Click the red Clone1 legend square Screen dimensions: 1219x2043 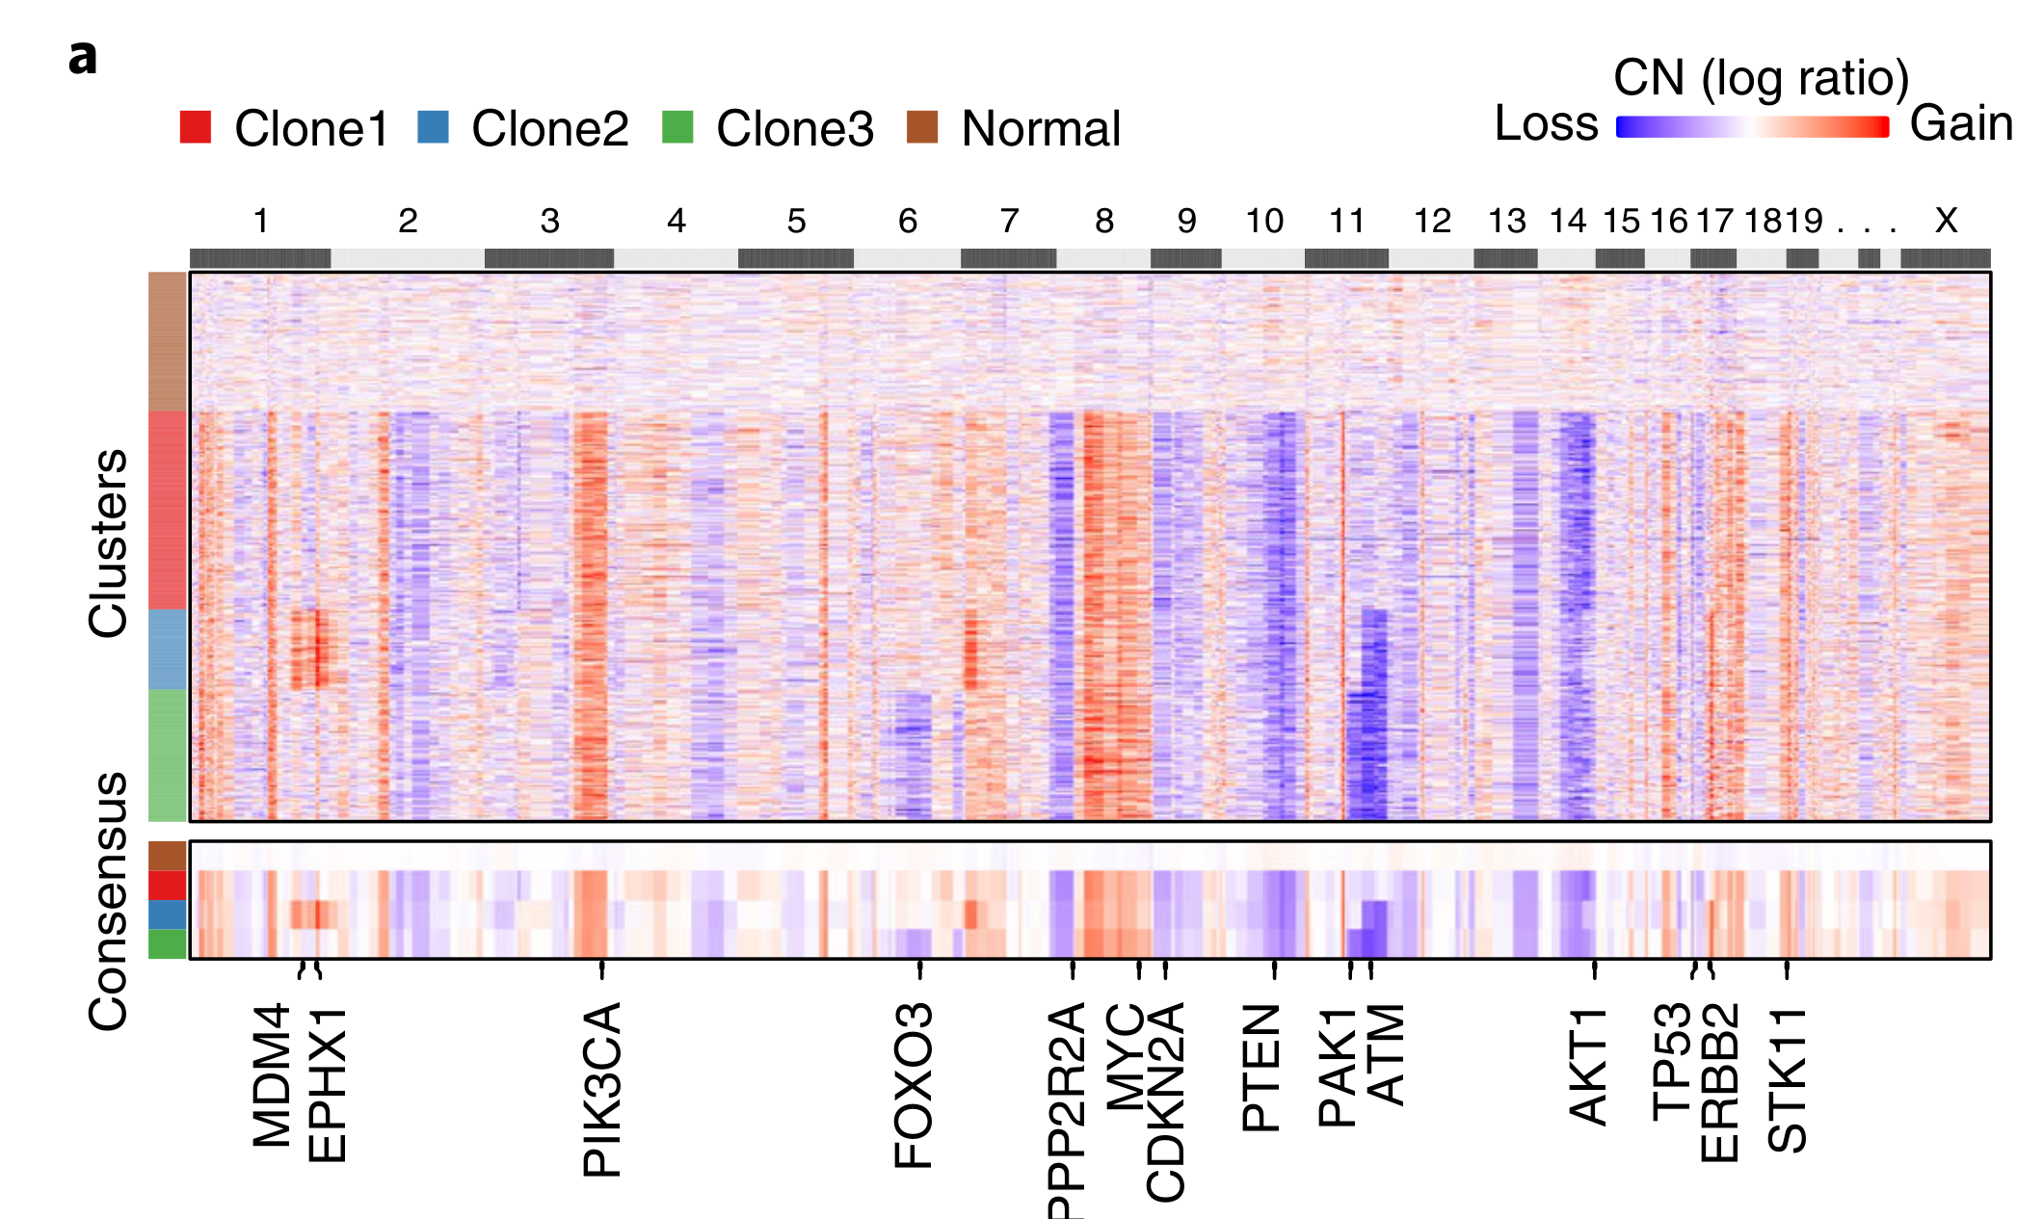coord(195,127)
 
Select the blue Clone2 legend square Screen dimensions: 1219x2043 coord(433,127)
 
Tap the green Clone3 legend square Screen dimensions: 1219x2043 coord(677,127)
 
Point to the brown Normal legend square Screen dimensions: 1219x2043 coord(922,127)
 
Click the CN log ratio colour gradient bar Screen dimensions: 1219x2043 coord(1752,127)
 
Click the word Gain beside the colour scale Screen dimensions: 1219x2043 coord(1961,124)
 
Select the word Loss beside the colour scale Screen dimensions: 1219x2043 coord(1546,124)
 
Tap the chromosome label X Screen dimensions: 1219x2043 coord(1946,222)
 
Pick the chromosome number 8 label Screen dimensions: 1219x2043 coord(1104,222)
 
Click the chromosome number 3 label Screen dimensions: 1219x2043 coord(549,222)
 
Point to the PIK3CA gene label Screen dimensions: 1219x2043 coord(603,1089)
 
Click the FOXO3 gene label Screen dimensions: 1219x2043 coord(914,1085)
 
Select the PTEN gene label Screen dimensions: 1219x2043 coord(1261,1067)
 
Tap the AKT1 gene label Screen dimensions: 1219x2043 coord(1589,1066)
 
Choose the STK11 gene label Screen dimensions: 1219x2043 coord(1788,1079)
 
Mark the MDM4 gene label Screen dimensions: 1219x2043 coord(272,1075)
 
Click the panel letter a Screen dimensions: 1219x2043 coord(83,58)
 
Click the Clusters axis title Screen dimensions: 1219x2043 coord(108,543)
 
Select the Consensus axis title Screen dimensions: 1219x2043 coord(108,901)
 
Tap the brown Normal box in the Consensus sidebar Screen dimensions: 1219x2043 coord(167,856)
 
